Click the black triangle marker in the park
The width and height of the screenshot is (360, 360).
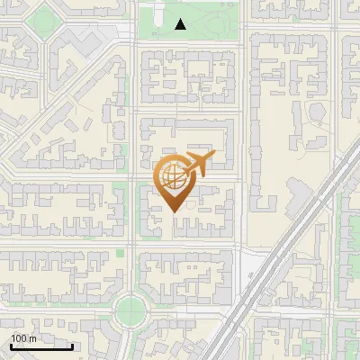click(x=181, y=24)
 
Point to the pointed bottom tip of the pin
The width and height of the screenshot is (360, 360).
click(x=173, y=212)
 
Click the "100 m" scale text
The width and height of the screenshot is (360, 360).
click(x=22, y=339)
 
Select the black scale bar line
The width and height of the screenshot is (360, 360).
click(x=41, y=346)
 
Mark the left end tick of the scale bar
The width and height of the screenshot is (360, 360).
click(x=11, y=346)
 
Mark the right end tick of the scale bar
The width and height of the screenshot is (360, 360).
click(x=72, y=346)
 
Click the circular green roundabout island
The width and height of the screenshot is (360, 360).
click(x=131, y=311)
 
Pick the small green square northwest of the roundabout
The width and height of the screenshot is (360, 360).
click(x=120, y=251)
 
